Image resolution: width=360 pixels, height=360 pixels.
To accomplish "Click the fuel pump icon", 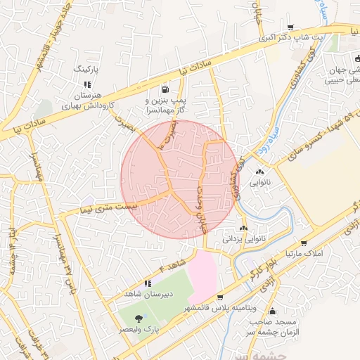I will pos(165,89).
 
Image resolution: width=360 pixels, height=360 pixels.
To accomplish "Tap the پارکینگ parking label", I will pos(88,70).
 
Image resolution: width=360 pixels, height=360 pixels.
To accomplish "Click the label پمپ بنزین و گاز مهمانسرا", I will pos(165,105).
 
